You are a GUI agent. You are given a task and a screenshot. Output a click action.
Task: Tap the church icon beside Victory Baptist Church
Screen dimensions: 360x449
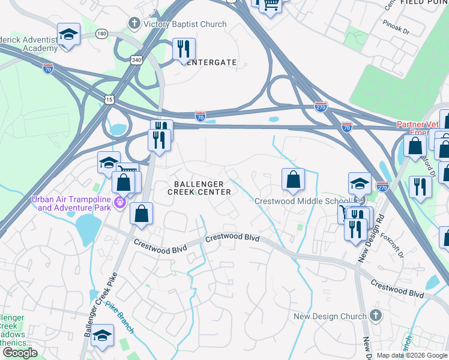point(133,24)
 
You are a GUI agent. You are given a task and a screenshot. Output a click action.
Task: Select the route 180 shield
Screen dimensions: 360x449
point(101,34)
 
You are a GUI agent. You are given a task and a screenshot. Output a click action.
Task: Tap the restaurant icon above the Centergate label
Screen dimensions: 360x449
point(184,49)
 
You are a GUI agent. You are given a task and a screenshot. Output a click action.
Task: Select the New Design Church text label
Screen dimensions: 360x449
point(330,316)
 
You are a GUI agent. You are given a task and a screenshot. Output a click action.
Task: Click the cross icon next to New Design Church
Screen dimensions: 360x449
point(375,316)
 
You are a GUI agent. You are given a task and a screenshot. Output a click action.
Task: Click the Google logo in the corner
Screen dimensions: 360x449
point(20,353)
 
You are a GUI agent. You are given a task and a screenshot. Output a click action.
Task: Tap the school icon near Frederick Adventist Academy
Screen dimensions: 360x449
point(68,34)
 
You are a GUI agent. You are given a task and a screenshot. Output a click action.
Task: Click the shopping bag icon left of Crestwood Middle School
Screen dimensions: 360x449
point(292,179)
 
